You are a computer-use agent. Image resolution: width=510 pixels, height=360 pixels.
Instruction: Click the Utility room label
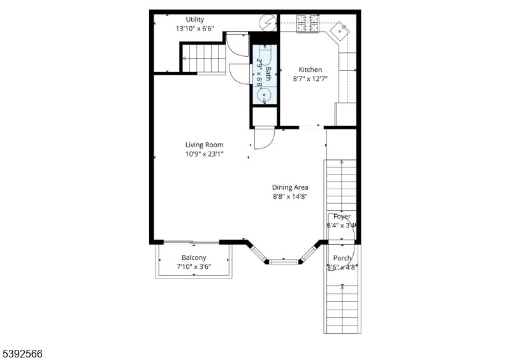coord(195,19)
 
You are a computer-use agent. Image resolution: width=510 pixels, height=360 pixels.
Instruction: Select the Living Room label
coord(204,145)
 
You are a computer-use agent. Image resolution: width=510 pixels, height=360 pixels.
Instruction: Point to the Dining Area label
coord(290,187)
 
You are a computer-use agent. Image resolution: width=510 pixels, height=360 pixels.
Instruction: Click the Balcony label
coord(194,257)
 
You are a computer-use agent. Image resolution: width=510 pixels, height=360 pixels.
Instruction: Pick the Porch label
coord(342,258)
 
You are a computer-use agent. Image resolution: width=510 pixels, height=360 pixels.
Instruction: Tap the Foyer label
coord(342,217)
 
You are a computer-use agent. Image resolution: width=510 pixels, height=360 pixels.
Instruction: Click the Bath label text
coord(268,73)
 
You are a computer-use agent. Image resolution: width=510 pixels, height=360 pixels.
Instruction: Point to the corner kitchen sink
coord(340,28)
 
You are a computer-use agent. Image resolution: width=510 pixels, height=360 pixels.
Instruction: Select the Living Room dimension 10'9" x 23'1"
coord(204,154)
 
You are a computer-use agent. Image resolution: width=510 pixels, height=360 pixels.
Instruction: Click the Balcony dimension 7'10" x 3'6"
coord(194,267)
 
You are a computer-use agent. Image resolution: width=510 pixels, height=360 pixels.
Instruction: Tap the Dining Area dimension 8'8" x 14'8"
coord(290,197)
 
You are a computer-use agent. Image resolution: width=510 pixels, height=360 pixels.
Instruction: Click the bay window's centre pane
coord(284,261)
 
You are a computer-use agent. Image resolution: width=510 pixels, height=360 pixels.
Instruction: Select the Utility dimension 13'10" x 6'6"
coord(195,29)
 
